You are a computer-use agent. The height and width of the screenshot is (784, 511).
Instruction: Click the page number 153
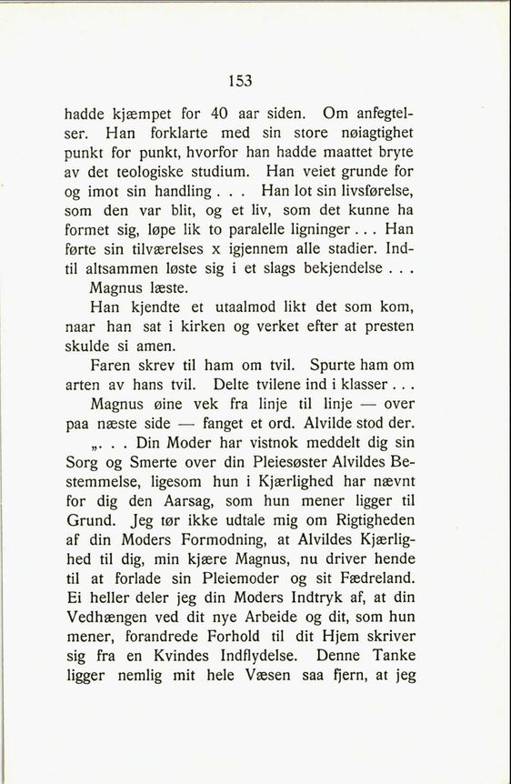tap(240, 81)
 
